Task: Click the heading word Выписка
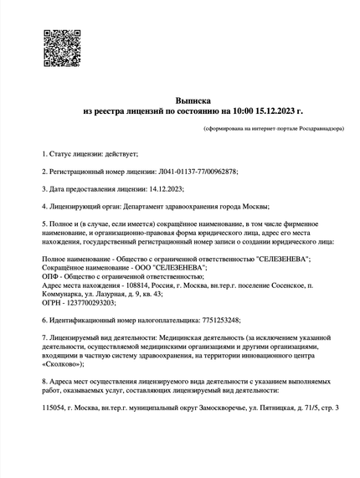(x=193, y=100)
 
